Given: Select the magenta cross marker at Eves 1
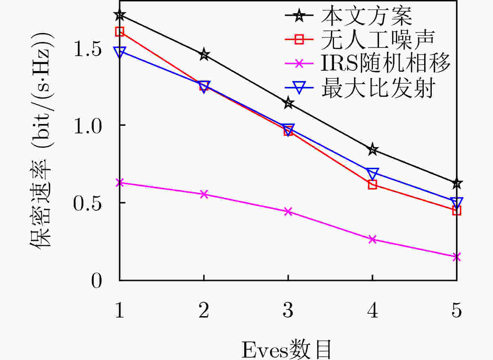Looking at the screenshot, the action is (120, 182).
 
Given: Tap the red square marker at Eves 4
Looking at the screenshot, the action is (372, 185).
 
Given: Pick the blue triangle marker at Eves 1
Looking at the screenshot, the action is (120, 52).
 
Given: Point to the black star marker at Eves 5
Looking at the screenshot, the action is (457, 183).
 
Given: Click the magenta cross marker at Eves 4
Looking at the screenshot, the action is (372, 239).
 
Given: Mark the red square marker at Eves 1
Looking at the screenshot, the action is (120, 32).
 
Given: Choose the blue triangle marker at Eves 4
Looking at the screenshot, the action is (372, 174).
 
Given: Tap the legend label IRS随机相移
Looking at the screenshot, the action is (385, 63).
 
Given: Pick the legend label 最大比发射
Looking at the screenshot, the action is (379, 88).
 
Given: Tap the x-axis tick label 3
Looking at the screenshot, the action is (288, 310).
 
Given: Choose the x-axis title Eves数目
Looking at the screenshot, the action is (287, 350).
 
